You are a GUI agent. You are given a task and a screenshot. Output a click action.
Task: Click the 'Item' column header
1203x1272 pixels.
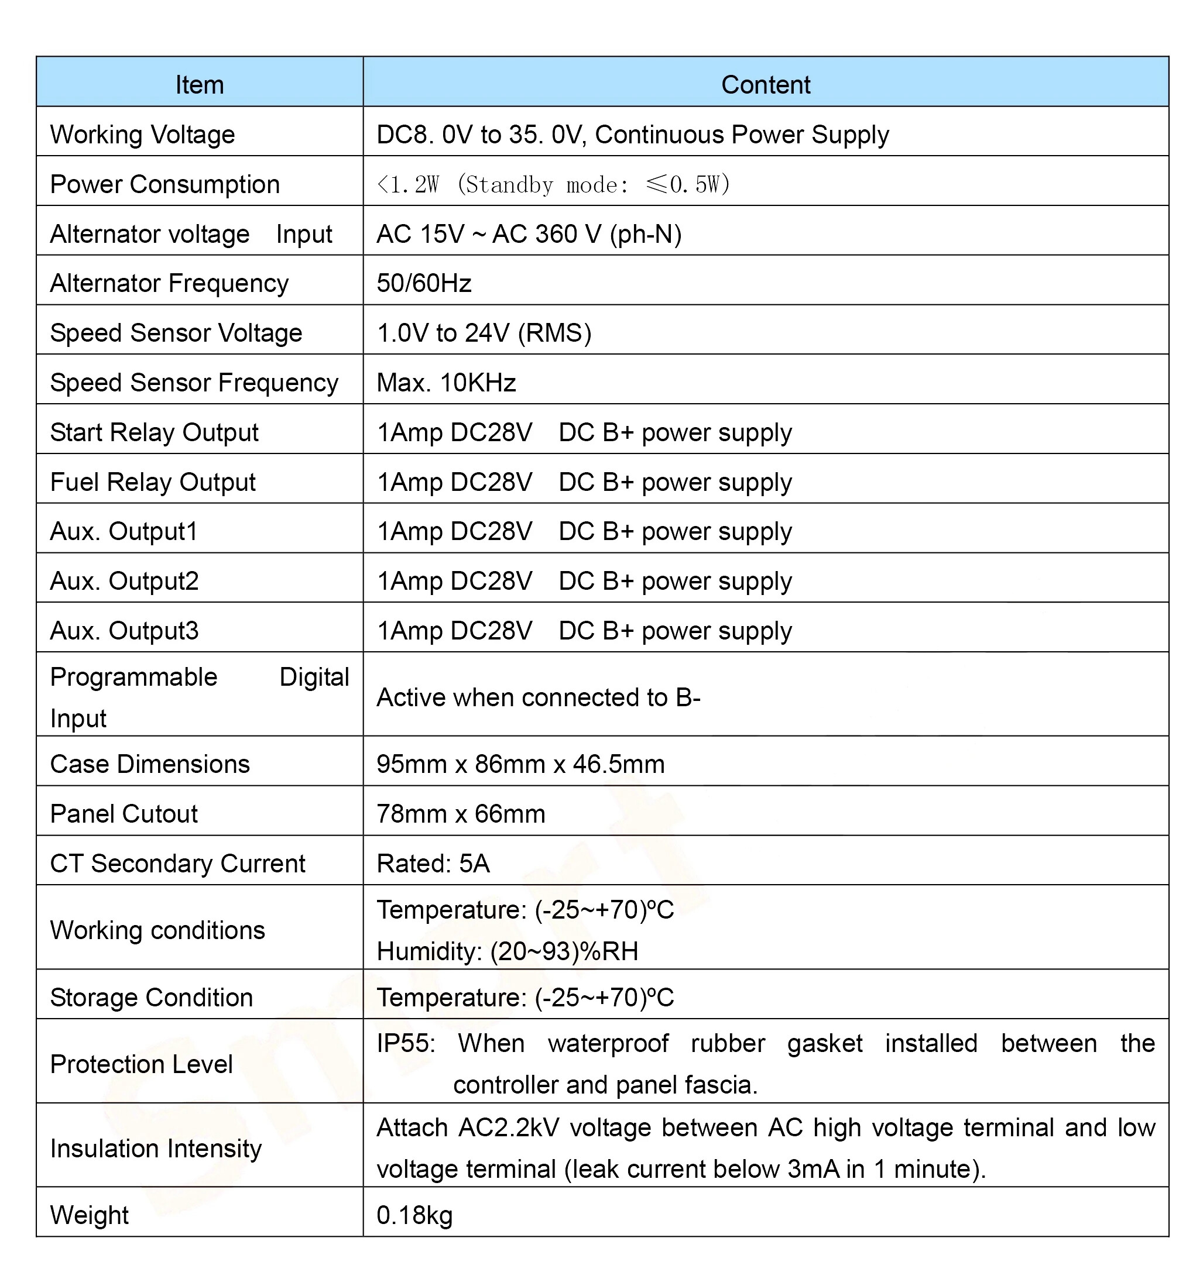point(200,85)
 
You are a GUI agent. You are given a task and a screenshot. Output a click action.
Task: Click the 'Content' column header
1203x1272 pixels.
point(765,85)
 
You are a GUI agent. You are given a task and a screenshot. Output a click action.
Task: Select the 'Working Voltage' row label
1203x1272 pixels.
point(142,135)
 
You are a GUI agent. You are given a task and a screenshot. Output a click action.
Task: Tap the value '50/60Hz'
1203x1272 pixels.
point(424,283)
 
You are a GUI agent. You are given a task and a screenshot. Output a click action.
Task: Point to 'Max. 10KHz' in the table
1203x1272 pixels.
point(446,383)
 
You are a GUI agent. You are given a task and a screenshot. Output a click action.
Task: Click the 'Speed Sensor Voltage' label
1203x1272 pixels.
point(176,334)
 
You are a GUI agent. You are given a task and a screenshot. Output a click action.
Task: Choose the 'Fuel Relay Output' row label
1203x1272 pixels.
point(153,482)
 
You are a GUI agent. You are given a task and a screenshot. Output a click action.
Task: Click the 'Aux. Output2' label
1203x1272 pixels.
point(125,581)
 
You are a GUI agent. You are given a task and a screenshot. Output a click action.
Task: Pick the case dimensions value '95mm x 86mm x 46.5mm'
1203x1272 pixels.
point(520,764)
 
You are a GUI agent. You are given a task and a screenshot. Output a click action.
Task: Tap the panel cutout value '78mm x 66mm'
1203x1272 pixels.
point(461,814)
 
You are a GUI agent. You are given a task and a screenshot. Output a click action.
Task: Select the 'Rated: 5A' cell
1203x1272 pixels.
point(433,864)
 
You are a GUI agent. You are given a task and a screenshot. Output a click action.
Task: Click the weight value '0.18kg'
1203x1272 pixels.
point(414,1215)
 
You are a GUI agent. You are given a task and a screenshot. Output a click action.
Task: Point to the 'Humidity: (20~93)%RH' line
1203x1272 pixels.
point(507,951)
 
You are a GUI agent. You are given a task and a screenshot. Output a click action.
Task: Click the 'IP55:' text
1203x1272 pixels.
point(406,1043)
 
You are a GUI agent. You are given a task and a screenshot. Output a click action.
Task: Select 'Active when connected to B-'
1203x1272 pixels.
point(538,697)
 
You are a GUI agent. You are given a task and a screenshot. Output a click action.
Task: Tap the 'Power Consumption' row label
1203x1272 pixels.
point(165,184)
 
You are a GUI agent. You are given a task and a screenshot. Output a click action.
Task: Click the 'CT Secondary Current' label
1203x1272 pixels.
point(177,864)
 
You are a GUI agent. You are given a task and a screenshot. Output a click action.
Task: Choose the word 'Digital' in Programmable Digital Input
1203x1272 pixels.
point(314,678)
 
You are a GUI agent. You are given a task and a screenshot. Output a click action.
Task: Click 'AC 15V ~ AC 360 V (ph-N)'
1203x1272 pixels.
point(529,234)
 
